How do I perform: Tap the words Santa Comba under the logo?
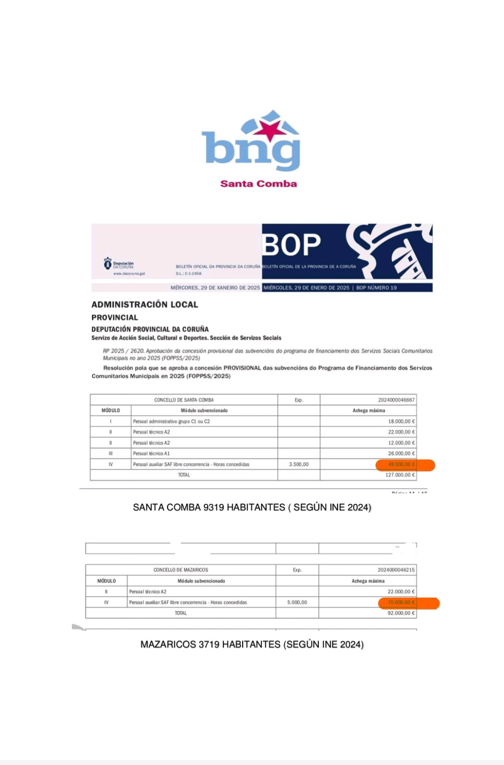tap(258, 184)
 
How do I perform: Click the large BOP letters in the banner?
tap(291, 245)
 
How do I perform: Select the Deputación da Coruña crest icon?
tap(108, 263)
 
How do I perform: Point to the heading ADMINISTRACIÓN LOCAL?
tap(145, 305)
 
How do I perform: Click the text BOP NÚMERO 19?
tap(376, 288)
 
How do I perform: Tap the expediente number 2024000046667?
tap(396, 400)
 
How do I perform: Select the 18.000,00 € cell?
tap(401, 421)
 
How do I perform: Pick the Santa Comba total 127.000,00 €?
tap(400, 475)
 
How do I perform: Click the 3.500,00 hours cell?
tap(299, 464)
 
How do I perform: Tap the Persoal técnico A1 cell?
tap(151, 453)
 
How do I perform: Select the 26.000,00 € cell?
tap(401, 453)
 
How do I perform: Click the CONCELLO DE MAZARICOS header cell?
tap(180, 570)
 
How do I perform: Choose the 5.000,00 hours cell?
tap(297, 602)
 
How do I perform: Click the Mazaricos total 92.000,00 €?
tap(401, 613)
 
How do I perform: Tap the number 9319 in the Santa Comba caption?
tap(213, 507)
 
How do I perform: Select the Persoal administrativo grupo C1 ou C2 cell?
tap(171, 421)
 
